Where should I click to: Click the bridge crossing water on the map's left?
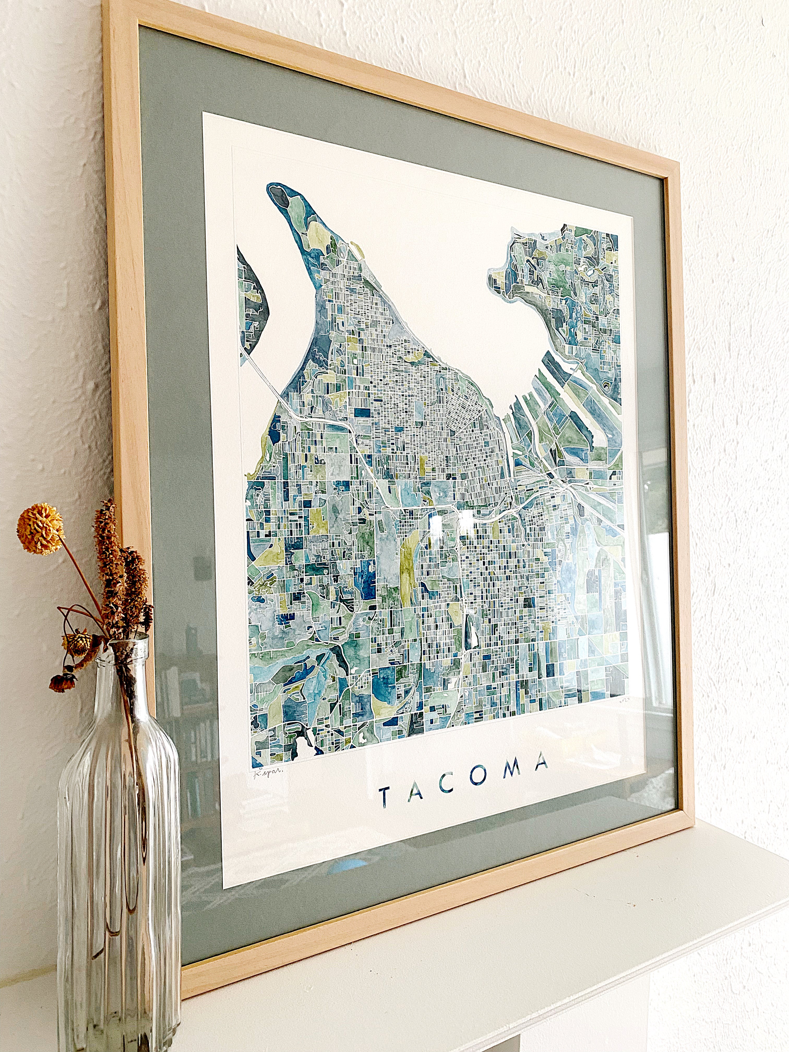(266, 376)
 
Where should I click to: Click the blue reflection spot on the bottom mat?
(350, 865)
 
